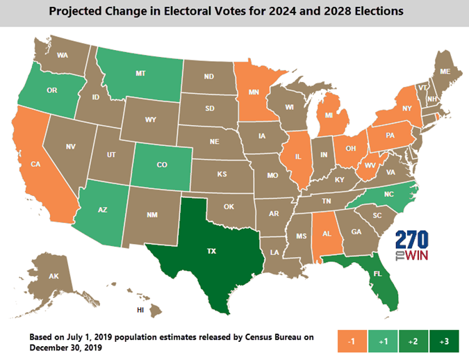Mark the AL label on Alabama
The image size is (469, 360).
[327, 234]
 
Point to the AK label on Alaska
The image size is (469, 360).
[54, 276]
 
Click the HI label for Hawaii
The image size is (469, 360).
[140, 311]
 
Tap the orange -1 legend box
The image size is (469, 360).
[352, 341]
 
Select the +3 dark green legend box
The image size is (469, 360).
[445, 341]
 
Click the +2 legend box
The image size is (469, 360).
[413, 341]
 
